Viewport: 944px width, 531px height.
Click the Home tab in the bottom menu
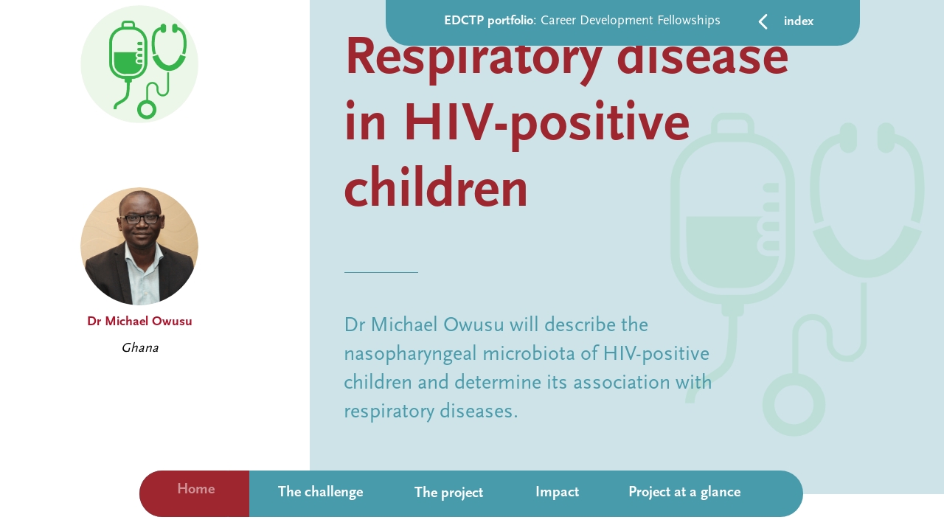[195, 490]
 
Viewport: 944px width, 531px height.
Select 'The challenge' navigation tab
[320, 493]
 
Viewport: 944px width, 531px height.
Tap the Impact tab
[557, 493]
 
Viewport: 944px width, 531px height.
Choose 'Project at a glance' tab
[684, 493]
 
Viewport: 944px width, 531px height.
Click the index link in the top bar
[799, 22]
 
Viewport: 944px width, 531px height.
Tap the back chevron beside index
[763, 22]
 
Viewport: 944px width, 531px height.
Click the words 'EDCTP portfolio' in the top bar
[488, 21]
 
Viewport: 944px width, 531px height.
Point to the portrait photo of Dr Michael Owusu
[139, 246]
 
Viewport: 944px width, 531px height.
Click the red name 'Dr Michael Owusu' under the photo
[139, 322]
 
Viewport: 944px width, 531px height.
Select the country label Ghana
[139, 348]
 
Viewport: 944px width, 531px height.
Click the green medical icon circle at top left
[139, 64]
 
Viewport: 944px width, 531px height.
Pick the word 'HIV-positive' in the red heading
[546, 124]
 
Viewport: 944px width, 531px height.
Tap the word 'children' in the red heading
[436, 188]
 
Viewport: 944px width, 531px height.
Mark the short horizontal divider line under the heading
[381, 273]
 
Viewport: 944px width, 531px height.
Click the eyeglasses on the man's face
[142, 219]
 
